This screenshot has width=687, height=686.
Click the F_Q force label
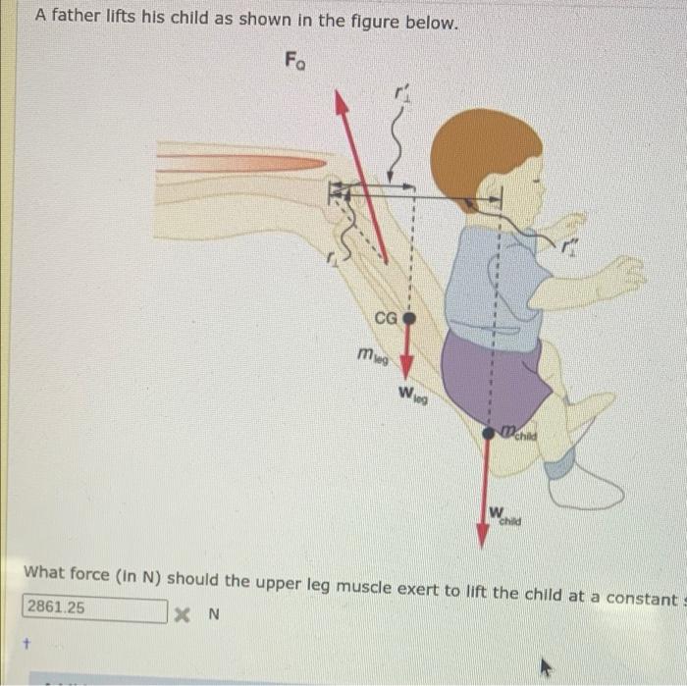[x=295, y=61]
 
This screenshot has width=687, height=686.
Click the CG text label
[x=386, y=317]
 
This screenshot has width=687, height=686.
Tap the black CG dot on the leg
[x=410, y=318]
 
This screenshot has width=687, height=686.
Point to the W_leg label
[x=412, y=395]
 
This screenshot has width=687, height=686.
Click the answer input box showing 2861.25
[x=94, y=607]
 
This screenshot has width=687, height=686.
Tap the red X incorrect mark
[x=181, y=615]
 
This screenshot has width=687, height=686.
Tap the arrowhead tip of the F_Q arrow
[x=338, y=95]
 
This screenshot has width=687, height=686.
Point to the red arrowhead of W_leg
[x=409, y=374]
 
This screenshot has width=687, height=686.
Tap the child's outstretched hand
[x=618, y=275]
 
